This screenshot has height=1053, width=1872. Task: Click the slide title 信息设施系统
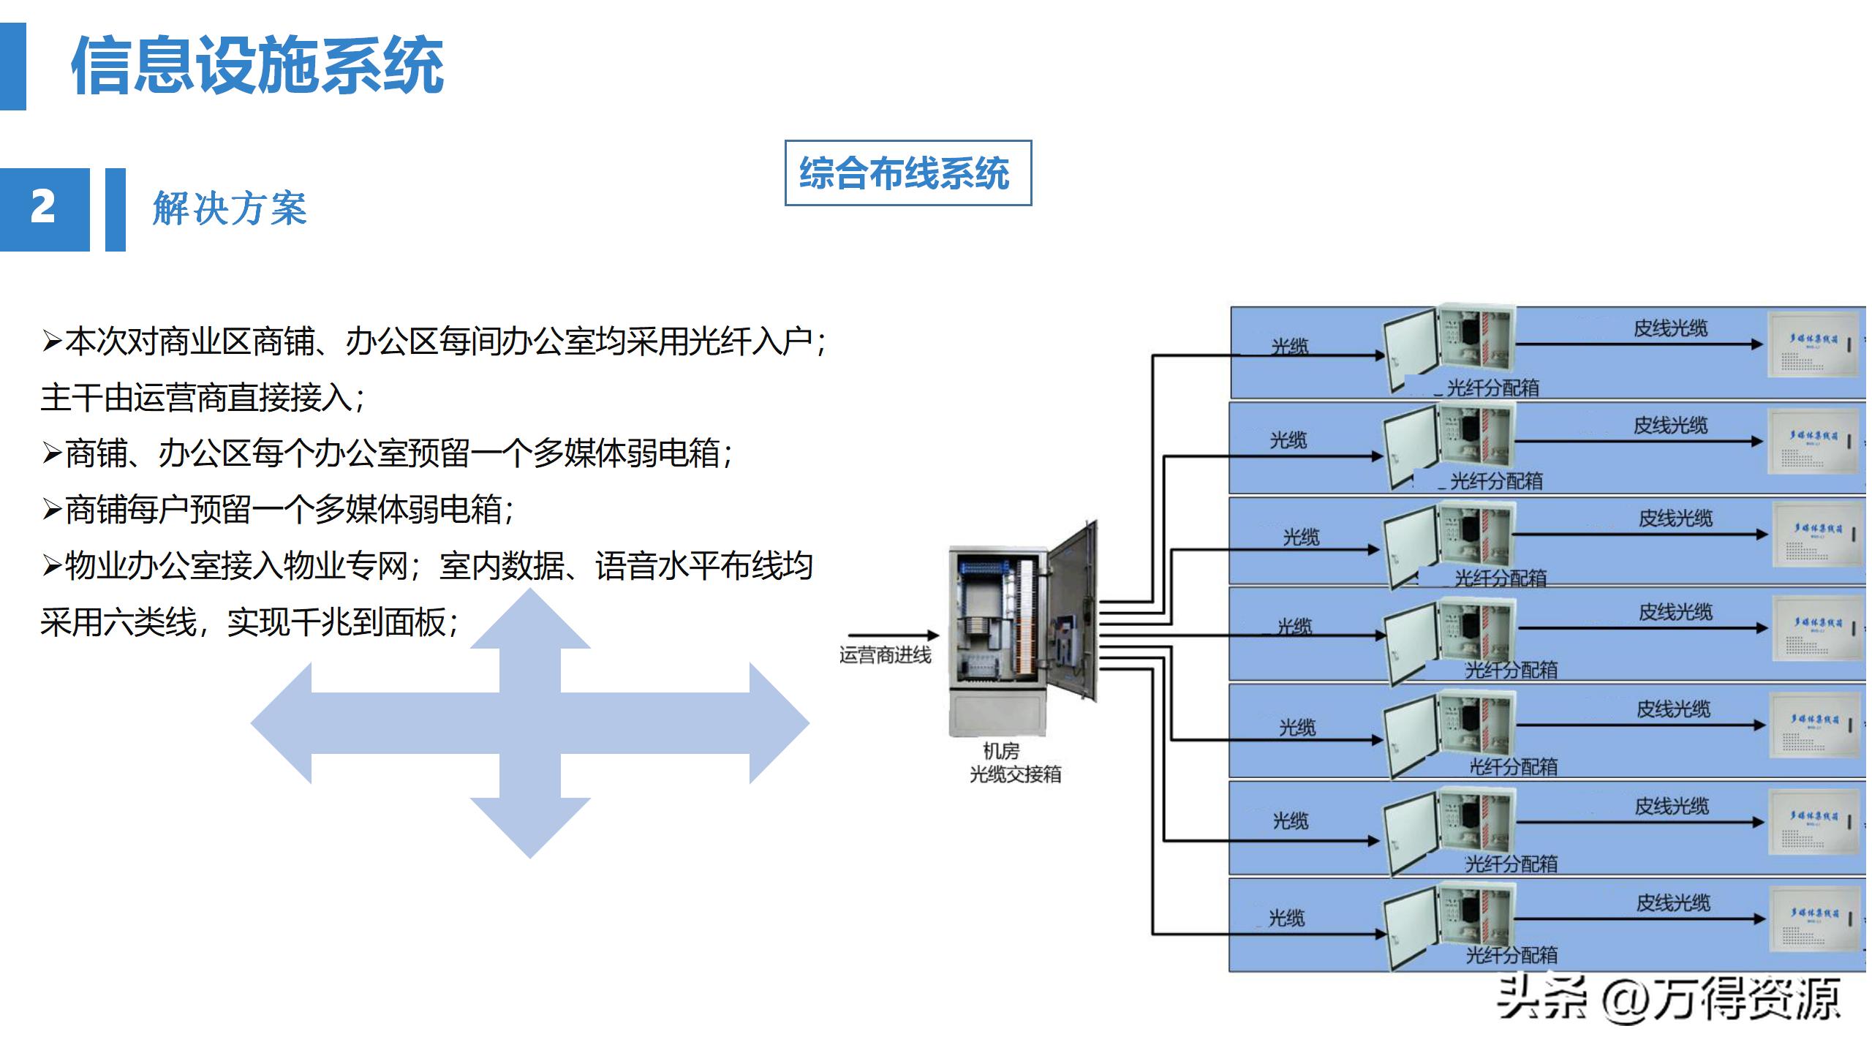tap(257, 66)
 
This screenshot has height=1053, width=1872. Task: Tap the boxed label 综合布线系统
tap(907, 173)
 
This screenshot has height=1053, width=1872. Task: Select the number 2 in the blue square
tap(43, 208)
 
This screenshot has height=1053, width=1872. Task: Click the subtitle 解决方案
tap(230, 209)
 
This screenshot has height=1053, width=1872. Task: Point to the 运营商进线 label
tap(885, 655)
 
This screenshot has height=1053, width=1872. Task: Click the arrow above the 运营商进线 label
tap(893, 635)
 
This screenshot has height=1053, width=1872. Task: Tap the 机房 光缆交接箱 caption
tap(1014, 763)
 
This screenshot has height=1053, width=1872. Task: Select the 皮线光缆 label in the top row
tap(1670, 328)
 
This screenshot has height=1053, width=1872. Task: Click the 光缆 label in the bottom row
tap(1286, 918)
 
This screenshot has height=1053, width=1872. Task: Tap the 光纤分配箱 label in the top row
tap(1492, 388)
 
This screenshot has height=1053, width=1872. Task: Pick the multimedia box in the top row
tap(1813, 344)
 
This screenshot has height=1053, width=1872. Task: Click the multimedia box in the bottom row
tap(1813, 919)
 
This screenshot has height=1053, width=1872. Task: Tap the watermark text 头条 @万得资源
tap(1668, 1000)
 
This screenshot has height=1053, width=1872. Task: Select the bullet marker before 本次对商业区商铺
tap(51, 341)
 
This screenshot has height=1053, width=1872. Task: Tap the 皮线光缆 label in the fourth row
tap(1675, 612)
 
